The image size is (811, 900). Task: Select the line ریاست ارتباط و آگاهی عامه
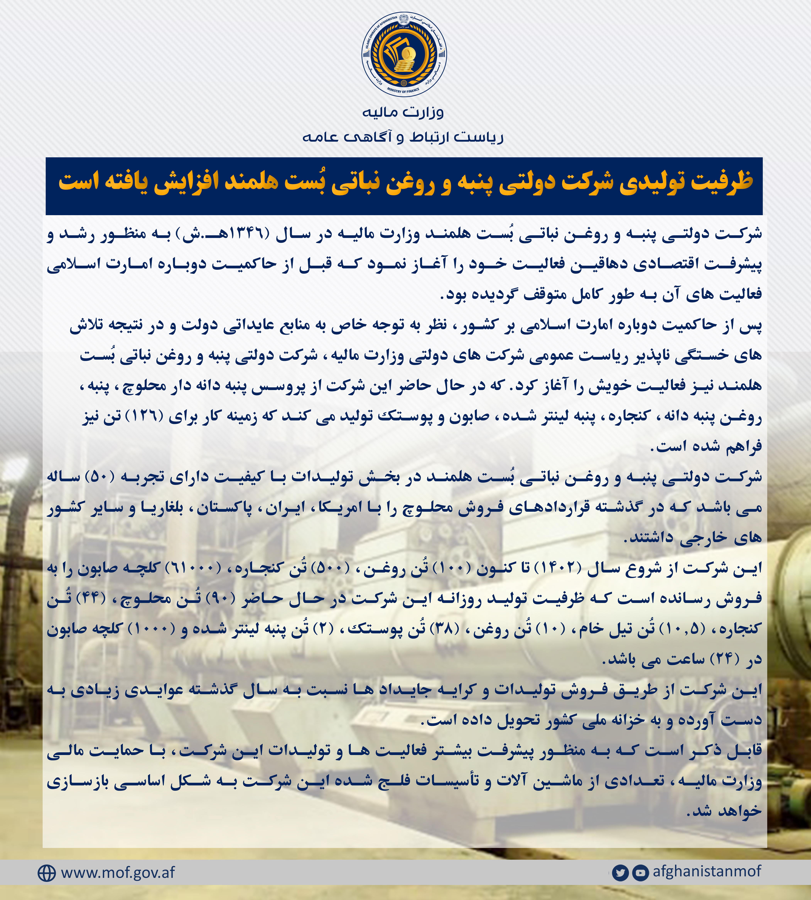(x=403, y=137)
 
